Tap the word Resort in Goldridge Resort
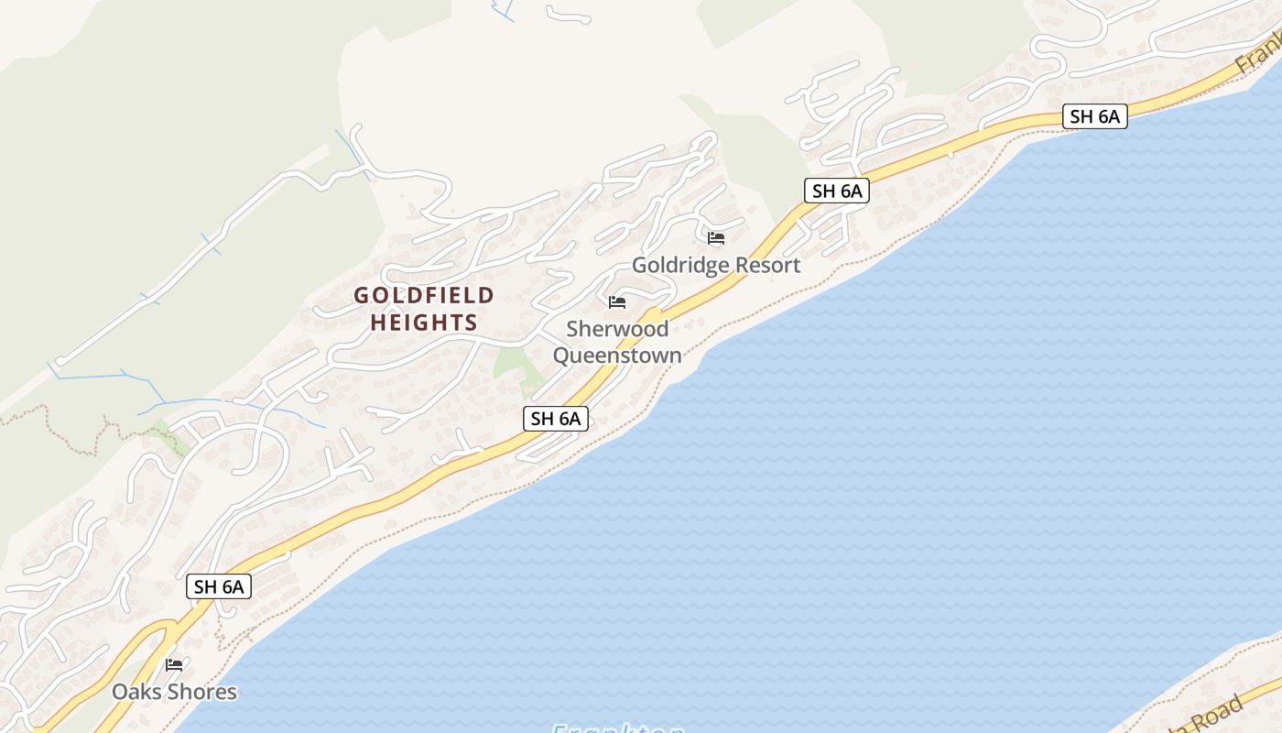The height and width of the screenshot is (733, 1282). click(766, 266)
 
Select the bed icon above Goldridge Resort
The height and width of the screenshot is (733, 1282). click(716, 238)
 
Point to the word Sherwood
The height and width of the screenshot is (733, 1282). click(617, 329)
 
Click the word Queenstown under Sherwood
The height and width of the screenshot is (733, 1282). click(617, 356)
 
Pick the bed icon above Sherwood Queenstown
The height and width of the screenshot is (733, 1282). click(617, 301)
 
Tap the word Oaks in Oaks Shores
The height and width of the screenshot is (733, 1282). click(136, 692)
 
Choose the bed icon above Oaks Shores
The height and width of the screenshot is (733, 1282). click(174, 664)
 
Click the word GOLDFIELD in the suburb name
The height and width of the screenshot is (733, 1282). click(424, 295)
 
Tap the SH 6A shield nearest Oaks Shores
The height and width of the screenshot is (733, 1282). click(219, 586)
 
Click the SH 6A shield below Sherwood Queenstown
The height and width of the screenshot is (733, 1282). click(556, 419)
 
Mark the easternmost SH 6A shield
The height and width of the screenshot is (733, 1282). click(1094, 116)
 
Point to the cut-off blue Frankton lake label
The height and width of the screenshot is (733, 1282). click(617, 728)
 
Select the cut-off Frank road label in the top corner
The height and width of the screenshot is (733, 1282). click(1259, 55)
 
